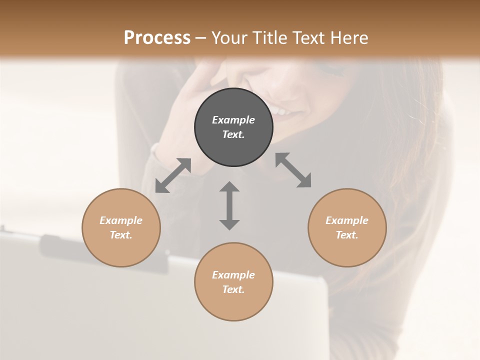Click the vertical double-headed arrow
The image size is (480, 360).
click(229, 205)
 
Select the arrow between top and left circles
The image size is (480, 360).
click(173, 175)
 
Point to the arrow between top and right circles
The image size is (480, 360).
click(293, 170)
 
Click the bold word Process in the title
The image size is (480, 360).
click(157, 37)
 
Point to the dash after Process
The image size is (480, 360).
click(201, 38)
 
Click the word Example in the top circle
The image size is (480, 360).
click(233, 120)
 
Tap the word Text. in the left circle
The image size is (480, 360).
click(121, 235)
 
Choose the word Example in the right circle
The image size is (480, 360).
click(347, 220)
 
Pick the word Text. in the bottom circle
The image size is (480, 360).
click(233, 289)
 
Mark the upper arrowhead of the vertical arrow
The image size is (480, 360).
click(229, 187)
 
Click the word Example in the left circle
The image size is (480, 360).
click(121, 220)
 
